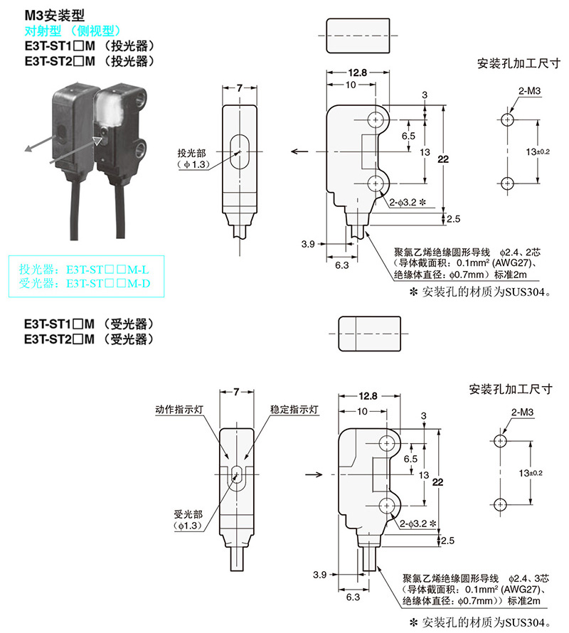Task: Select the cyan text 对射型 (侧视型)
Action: (73, 30)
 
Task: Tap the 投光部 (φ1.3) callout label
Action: (191, 158)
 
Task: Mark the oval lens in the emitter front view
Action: (238, 151)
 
